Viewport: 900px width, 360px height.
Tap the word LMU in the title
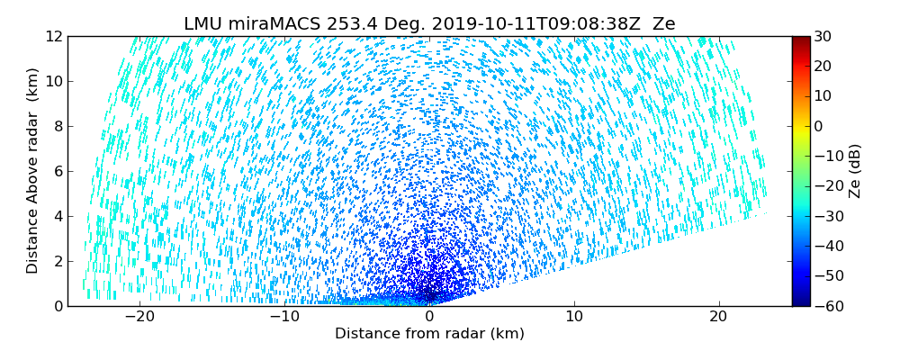202,24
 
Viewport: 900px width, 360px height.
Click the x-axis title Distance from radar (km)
429,334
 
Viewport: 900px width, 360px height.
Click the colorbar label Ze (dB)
854,171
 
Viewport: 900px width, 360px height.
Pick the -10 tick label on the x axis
283,317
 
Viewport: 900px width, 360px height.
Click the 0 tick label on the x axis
429,317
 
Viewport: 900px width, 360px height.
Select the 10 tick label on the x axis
574,317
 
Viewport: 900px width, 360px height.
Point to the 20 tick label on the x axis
718,317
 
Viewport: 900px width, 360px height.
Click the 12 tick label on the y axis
55,36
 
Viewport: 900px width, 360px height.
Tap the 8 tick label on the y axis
58,126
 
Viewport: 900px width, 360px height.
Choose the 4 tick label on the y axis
58,216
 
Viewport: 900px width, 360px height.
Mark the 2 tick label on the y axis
58,261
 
